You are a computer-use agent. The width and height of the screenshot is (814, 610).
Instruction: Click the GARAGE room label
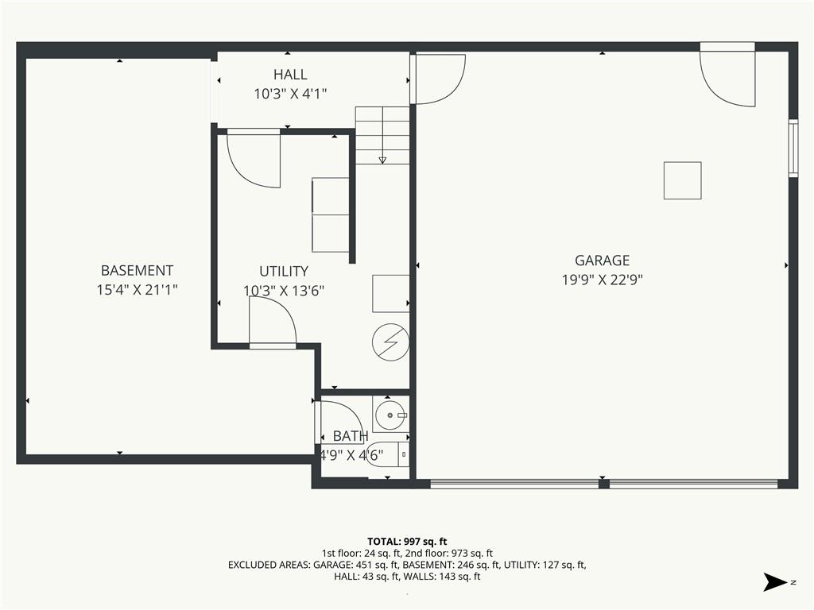[x=603, y=260]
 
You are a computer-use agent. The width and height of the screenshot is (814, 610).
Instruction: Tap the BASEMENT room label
[x=137, y=270]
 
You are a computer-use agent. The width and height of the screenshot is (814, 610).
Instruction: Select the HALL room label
[x=290, y=75]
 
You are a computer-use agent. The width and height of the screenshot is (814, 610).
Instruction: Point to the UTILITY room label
[x=284, y=271]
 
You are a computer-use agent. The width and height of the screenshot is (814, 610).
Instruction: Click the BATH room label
[x=351, y=436]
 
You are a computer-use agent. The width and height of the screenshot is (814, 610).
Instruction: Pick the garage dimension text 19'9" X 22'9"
[x=603, y=280]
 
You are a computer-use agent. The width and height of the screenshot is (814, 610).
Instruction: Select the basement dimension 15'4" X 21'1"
[x=137, y=289]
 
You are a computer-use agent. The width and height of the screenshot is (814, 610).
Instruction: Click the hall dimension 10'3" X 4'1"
[x=290, y=94]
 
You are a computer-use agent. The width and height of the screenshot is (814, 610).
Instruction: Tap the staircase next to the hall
[x=382, y=135]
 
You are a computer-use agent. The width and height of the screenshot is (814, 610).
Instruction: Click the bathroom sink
[x=390, y=414]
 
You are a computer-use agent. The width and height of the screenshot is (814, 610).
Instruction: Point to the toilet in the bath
[x=388, y=454]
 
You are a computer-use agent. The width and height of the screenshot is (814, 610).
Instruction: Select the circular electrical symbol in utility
[x=391, y=342]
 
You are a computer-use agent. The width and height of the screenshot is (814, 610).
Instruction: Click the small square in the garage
[x=683, y=180]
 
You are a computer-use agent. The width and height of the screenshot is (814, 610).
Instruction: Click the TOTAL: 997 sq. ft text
[x=407, y=542]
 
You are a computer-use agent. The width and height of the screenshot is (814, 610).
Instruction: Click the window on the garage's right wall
[x=793, y=149]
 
